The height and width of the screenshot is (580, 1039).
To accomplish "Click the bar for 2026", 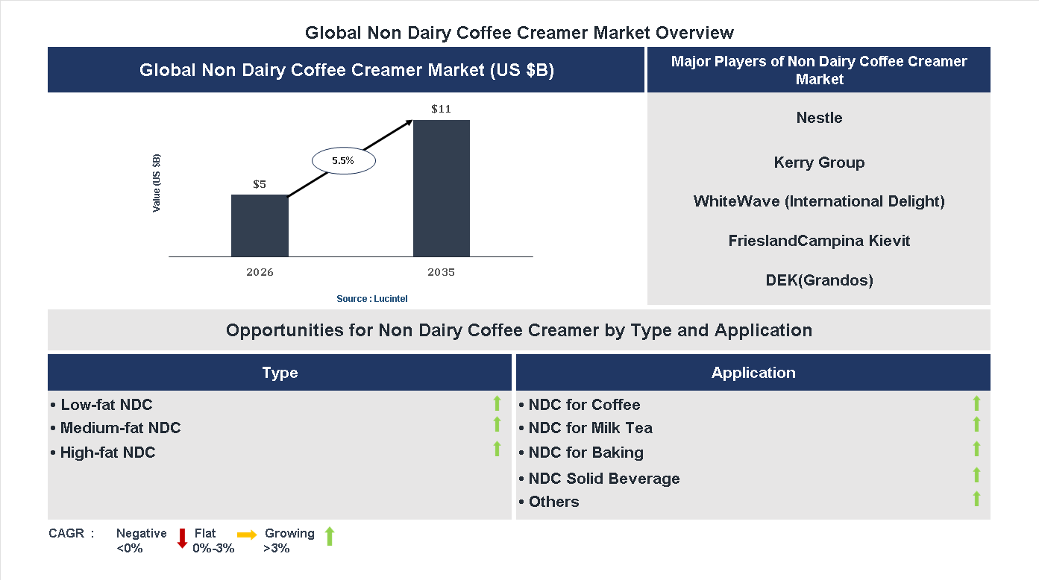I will (x=260, y=226).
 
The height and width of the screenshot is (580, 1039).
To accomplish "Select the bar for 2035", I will (x=442, y=189).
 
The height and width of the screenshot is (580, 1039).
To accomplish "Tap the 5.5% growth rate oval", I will (x=343, y=160).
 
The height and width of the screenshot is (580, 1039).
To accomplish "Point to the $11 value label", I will (x=441, y=109).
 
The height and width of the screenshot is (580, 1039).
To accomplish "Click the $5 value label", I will (x=260, y=183).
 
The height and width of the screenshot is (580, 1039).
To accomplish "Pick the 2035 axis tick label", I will (x=441, y=272).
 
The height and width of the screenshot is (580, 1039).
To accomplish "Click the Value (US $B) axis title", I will (x=157, y=183).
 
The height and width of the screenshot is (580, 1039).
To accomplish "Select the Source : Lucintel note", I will (x=372, y=299).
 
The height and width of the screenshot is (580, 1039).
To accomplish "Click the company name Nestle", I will (x=819, y=118).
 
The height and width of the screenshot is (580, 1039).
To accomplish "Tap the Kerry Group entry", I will (x=819, y=163).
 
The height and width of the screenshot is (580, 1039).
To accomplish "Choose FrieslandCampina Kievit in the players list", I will (x=819, y=241).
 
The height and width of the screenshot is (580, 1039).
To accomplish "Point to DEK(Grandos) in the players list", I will (x=819, y=280).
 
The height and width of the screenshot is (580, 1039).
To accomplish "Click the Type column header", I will (x=280, y=373).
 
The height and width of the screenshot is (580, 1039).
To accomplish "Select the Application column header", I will (x=753, y=373).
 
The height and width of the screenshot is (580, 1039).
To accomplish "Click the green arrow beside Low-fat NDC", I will (x=497, y=404).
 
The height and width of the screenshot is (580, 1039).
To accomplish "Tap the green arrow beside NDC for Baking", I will (x=976, y=449).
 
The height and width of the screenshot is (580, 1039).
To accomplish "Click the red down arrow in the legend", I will (x=182, y=538).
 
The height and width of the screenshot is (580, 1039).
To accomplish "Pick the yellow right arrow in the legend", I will (x=247, y=535).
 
